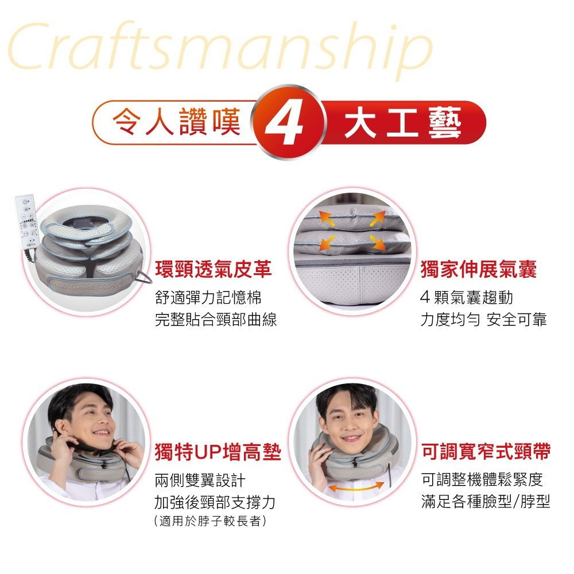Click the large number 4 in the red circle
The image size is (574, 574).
pyautogui.click(x=285, y=122)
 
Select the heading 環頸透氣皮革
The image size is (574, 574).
pyautogui.click(x=214, y=269)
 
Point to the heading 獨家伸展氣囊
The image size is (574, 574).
pyautogui.click(x=479, y=269)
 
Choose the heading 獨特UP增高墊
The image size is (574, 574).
pyautogui.click(x=218, y=452)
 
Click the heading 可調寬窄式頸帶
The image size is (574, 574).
pyautogui.click(x=486, y=451)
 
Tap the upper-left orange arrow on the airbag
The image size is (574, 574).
pyautogui.click(x=327, y=218)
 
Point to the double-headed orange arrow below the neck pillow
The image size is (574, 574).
pyautogui.click(x=356, y=487)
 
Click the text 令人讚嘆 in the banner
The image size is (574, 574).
pyautogui.click(x=176, y=122)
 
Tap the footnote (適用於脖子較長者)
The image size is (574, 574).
pyautogui.click(x=210, y=521)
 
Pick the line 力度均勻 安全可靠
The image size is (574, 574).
pyautogui.click(x=483, y=319)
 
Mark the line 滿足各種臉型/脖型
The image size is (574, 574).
pyautogui.click(x=486, y=502)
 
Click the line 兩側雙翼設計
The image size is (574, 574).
pyautogui.click(x=200, y=480)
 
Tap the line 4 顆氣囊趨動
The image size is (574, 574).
pyautogui.click(x=466, y=297)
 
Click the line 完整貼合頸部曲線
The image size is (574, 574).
pyautogui.click(x=216, y=319)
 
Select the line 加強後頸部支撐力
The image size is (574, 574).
pyautogui.click(x=215, y=502)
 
